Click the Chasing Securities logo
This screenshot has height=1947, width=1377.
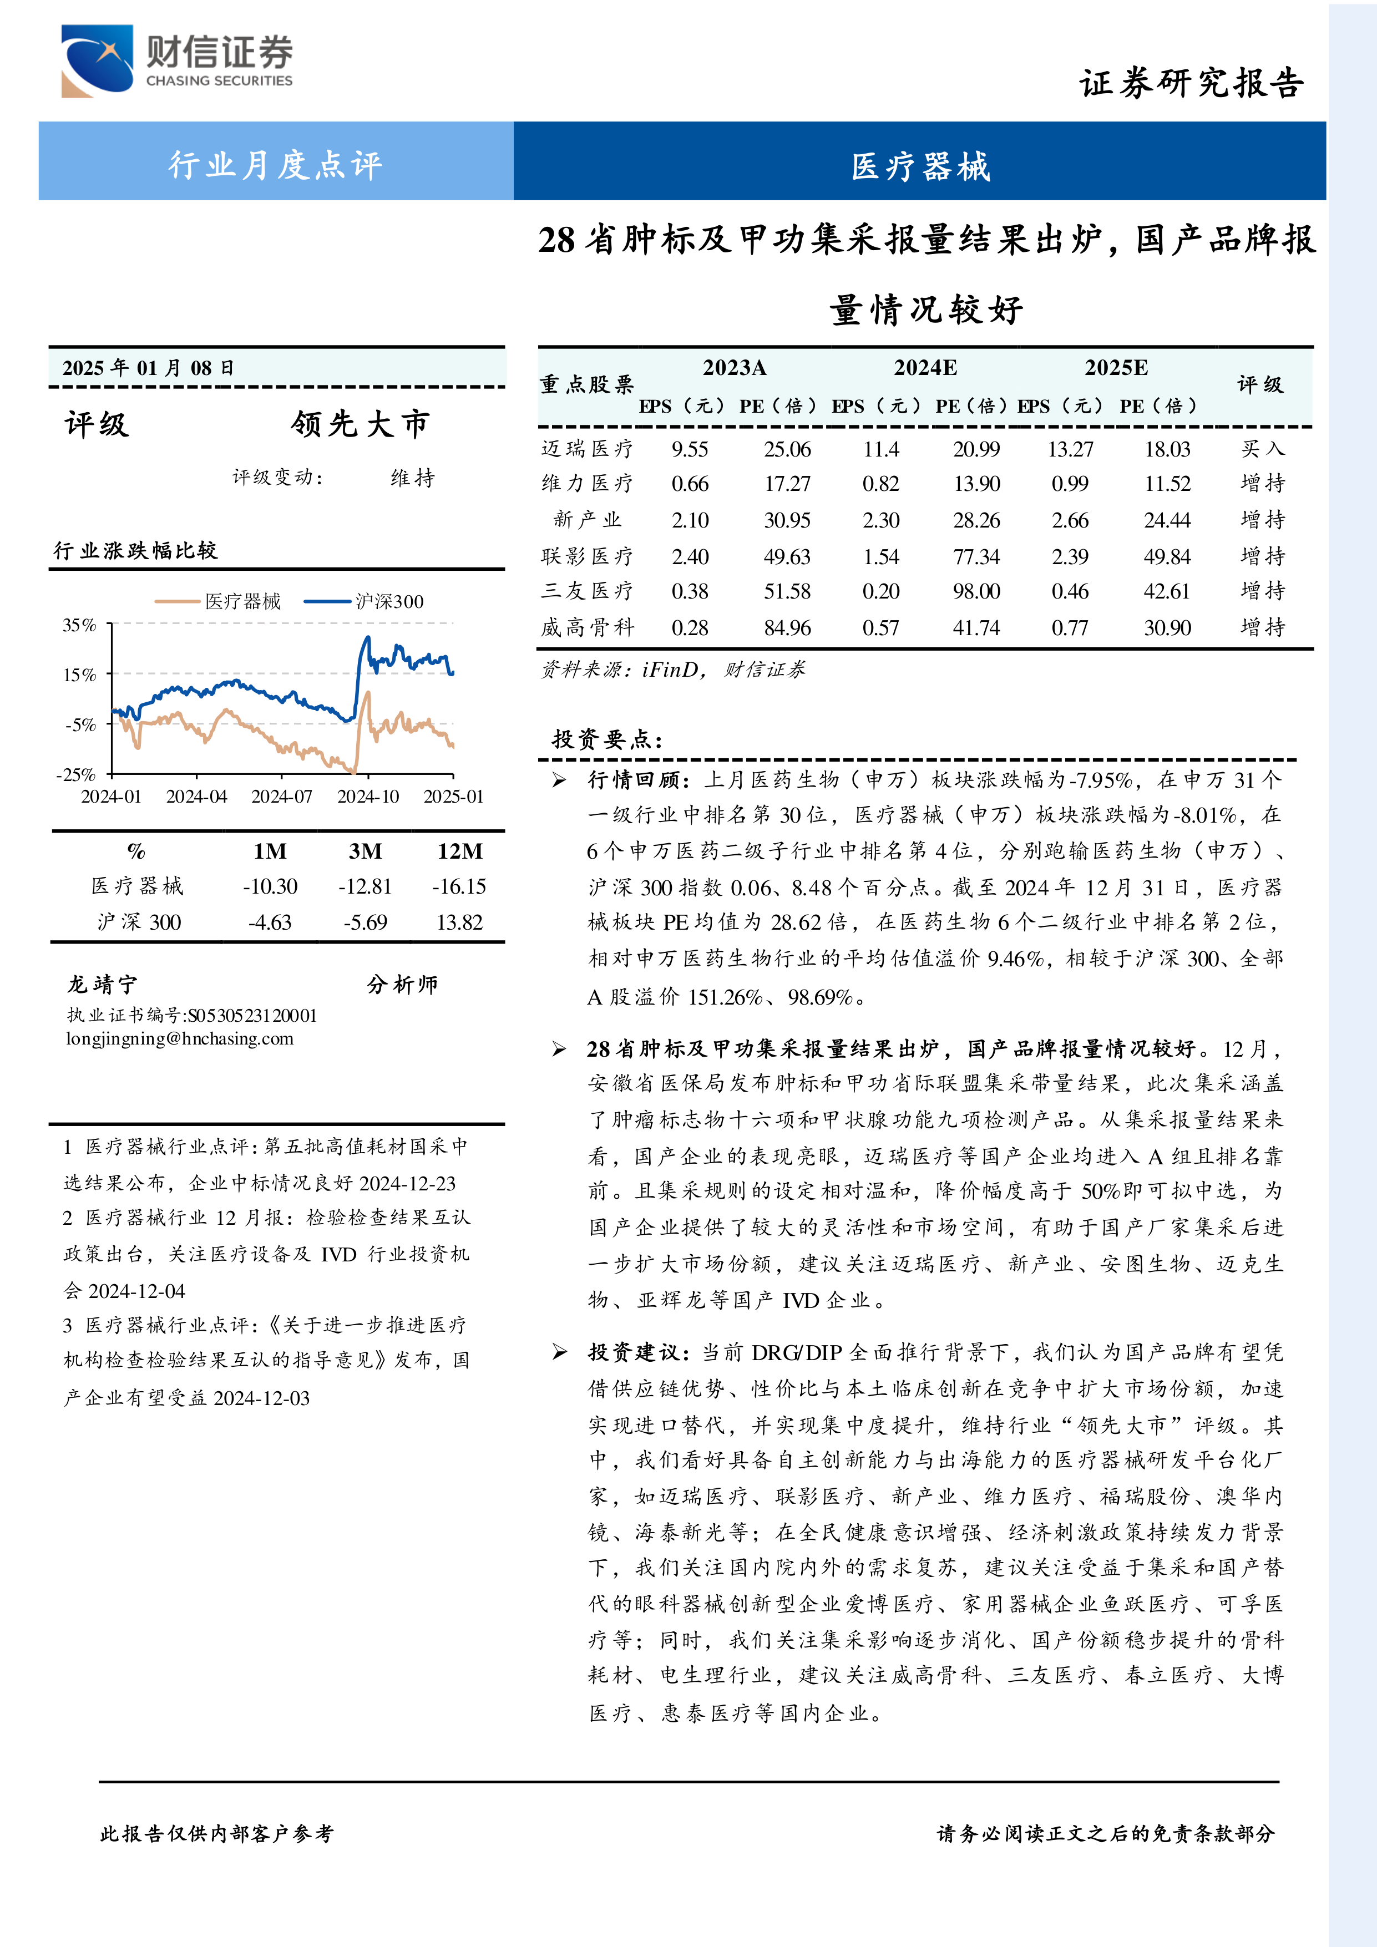click(176, 60)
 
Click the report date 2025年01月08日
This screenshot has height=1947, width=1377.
click(148, 368)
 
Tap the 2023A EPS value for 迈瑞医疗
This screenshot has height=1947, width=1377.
click(690, 449)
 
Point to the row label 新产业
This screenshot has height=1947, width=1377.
click(587, 520)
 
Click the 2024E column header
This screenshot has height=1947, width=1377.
click(925, 368)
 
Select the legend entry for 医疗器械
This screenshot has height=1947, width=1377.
click(218, 601)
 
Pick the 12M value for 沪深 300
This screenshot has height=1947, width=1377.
click(459, 922)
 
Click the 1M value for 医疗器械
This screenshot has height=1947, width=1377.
click(270, 887)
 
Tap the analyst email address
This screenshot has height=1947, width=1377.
click(180, 1039)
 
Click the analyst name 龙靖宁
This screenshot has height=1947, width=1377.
click(102, 985)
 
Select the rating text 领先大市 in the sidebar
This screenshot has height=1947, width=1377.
click(361, 424)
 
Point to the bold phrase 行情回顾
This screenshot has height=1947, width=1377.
click(635, 780)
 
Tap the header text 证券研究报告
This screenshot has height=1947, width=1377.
click(1191, 84)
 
